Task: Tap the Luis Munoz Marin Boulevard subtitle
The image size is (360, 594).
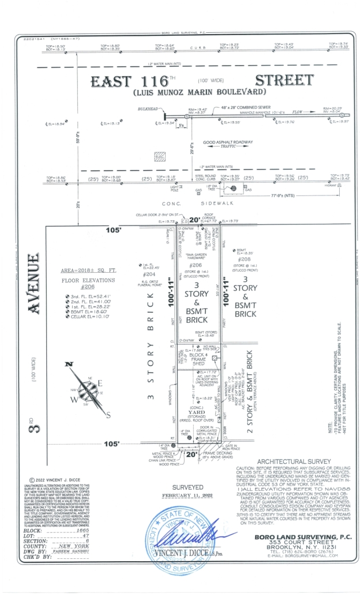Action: point(200,92)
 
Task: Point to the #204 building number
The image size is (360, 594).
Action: point(149,274)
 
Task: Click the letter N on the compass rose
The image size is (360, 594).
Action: point(69,364)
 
